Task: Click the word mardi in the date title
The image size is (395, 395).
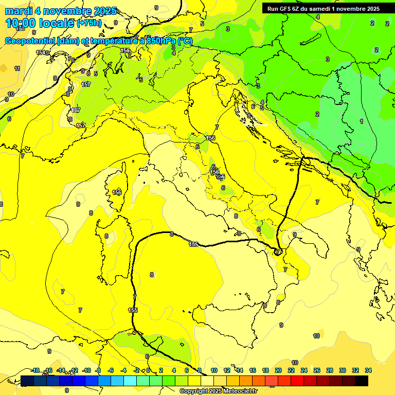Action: click(17, 11)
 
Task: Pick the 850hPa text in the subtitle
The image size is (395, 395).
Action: click(161, 41)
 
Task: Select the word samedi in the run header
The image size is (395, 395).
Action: click(319, 9)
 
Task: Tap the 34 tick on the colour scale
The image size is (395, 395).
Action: click(368, 370)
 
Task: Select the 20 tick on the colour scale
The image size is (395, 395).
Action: click(278, 370)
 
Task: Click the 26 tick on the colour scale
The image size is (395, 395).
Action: click(316, 370)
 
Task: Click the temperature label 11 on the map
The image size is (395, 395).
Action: click(17, 68)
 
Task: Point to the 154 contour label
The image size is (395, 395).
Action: click(40, 52)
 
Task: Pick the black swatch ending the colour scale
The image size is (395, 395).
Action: click(362, 381)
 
